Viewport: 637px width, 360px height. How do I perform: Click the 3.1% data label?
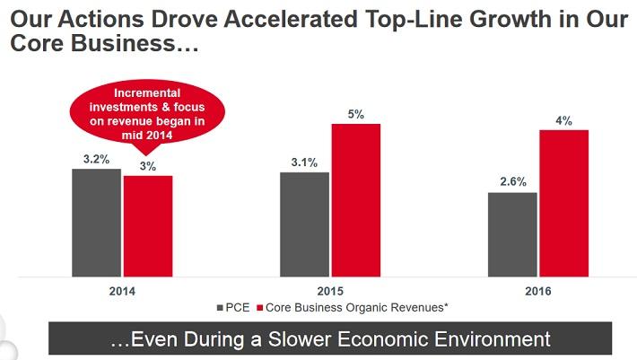point(304,162)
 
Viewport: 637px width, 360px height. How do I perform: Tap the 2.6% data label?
point(512,181)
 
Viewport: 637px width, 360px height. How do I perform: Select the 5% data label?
point(356,113)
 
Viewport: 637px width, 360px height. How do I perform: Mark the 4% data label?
point(563,119)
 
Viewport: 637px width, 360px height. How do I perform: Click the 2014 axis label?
point(121,292)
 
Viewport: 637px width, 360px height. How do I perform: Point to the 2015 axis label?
point(329,292)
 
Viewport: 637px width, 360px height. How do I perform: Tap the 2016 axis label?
point(537,292)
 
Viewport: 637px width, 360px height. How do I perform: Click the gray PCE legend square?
point(221,307)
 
